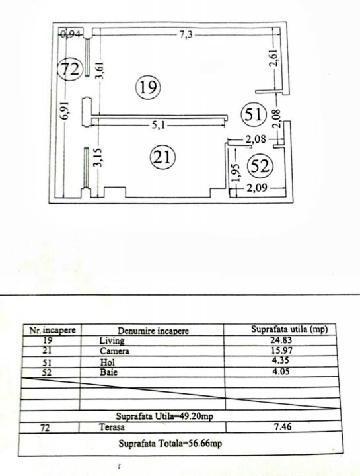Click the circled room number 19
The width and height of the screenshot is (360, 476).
tap(148, 87)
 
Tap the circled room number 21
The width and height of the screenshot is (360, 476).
tap(163, 157)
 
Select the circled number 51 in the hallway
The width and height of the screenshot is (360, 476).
tap(253, 115)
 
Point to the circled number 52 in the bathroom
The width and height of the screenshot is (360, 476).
tap(260, 166)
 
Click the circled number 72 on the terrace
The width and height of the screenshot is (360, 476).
tap(70, 69)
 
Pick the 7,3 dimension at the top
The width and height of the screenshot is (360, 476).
tap(186, 34)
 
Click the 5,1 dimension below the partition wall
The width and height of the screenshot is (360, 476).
tap(159, 125)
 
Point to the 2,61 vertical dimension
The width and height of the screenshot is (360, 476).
tap(275, 58)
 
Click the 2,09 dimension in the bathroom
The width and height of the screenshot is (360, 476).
tap(257, 188)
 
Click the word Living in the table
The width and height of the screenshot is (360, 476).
tap(112, 340)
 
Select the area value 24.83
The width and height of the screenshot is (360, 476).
tap(281, 340)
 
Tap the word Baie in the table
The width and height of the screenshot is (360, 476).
tap(108, 372)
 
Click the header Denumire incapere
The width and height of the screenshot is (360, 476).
tap(153, 331)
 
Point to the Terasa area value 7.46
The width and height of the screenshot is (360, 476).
tap(283, 426)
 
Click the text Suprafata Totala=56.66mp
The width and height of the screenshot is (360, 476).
tap(170, 443)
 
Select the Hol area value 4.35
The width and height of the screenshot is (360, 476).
tap(281, 360)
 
